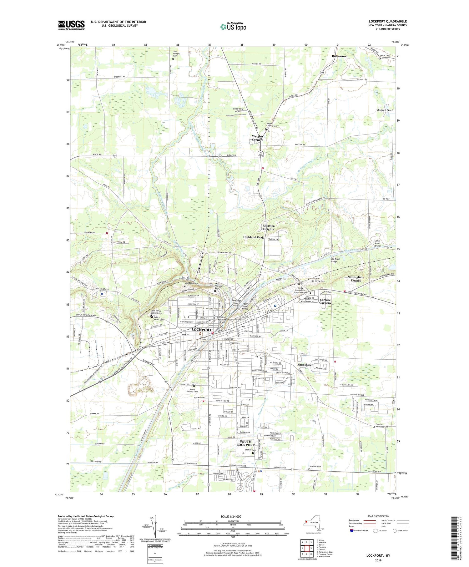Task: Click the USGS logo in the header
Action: pyautogui.click(x=71, y=25)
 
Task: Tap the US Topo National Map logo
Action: pyautogui.click(x=233, y=27)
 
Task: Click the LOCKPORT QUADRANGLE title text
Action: pyautogui.click(x=388, y=22)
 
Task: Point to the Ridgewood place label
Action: pyautogui.click(x=340, y=56)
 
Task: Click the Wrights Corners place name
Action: pyautogui.click(x=258, y=138)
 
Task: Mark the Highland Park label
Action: pyautogui.click(x=253, y=237)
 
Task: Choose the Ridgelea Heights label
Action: pyautogui.click(x=268, y=227)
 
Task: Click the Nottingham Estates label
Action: pyautogui.click(x=356, y=279)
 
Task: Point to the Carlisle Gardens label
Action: pyautogui.click(x=325, y=301)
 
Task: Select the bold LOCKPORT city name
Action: pyautogui.click(x=201, y=330)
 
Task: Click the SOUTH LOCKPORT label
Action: pyautogui.click(x=245, y=443)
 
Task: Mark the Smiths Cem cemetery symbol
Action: pyautogui.click(x=380, y=58)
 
